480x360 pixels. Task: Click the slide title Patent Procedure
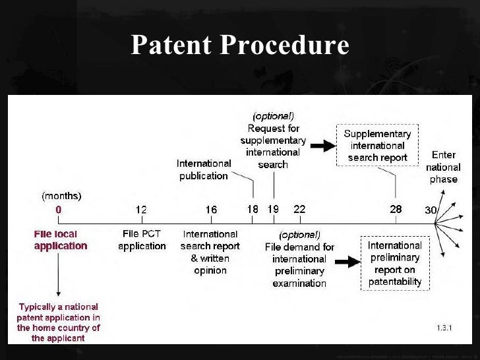(x=239, y=45)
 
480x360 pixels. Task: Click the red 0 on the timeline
(x=59, y=210)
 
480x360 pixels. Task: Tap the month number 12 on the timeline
(x=141, y=210)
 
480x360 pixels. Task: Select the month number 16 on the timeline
(x=210, y=210)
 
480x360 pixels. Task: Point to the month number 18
(x=253, y=209)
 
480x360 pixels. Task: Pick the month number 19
(x=273, y=209)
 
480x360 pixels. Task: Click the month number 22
(x=299, y=209)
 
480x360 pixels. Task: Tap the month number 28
(x=395, y=209)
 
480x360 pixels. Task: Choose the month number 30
(x=431, y=210)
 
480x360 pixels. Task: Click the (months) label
(x=62, y=195)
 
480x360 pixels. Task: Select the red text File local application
(x=60, y=240)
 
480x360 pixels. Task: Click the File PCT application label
(x=142, y=240)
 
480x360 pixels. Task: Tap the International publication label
(x=204, y=169)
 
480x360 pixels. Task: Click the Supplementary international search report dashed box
(x=377, y=145)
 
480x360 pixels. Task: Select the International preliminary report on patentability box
(x=394, y=264)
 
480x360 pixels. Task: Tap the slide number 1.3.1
(x=446, y=327)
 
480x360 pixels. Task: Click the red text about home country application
(x=59, y=322)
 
